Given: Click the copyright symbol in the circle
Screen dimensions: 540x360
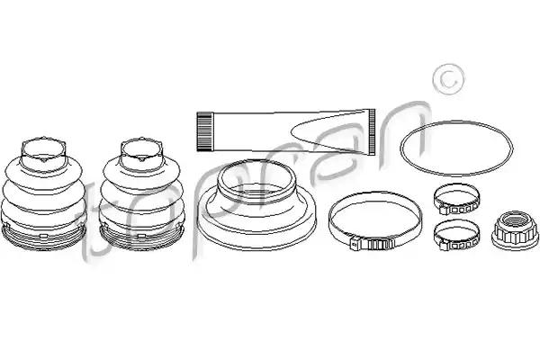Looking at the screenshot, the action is pyautogui.click(x=449, y=79).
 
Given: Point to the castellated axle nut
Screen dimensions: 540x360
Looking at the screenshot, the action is pyautogui.click(x=515, y=229).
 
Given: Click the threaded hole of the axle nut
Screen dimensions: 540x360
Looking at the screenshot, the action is pyautogui.click(x=515, y=219).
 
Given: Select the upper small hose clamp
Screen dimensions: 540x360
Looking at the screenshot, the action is pyautogui.click(x=456, y=199).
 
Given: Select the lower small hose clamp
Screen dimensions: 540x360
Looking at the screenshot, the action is pyautogui.click(x=456, y=235).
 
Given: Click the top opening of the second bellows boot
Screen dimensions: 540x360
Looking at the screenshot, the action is pyautogui.click(x=141, y=149).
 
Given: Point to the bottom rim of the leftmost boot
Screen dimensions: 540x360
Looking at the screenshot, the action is pyautogui.click(x=44, y=238).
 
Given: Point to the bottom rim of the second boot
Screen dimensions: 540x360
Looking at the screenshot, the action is pyautogui.click(x=141, y=238).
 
